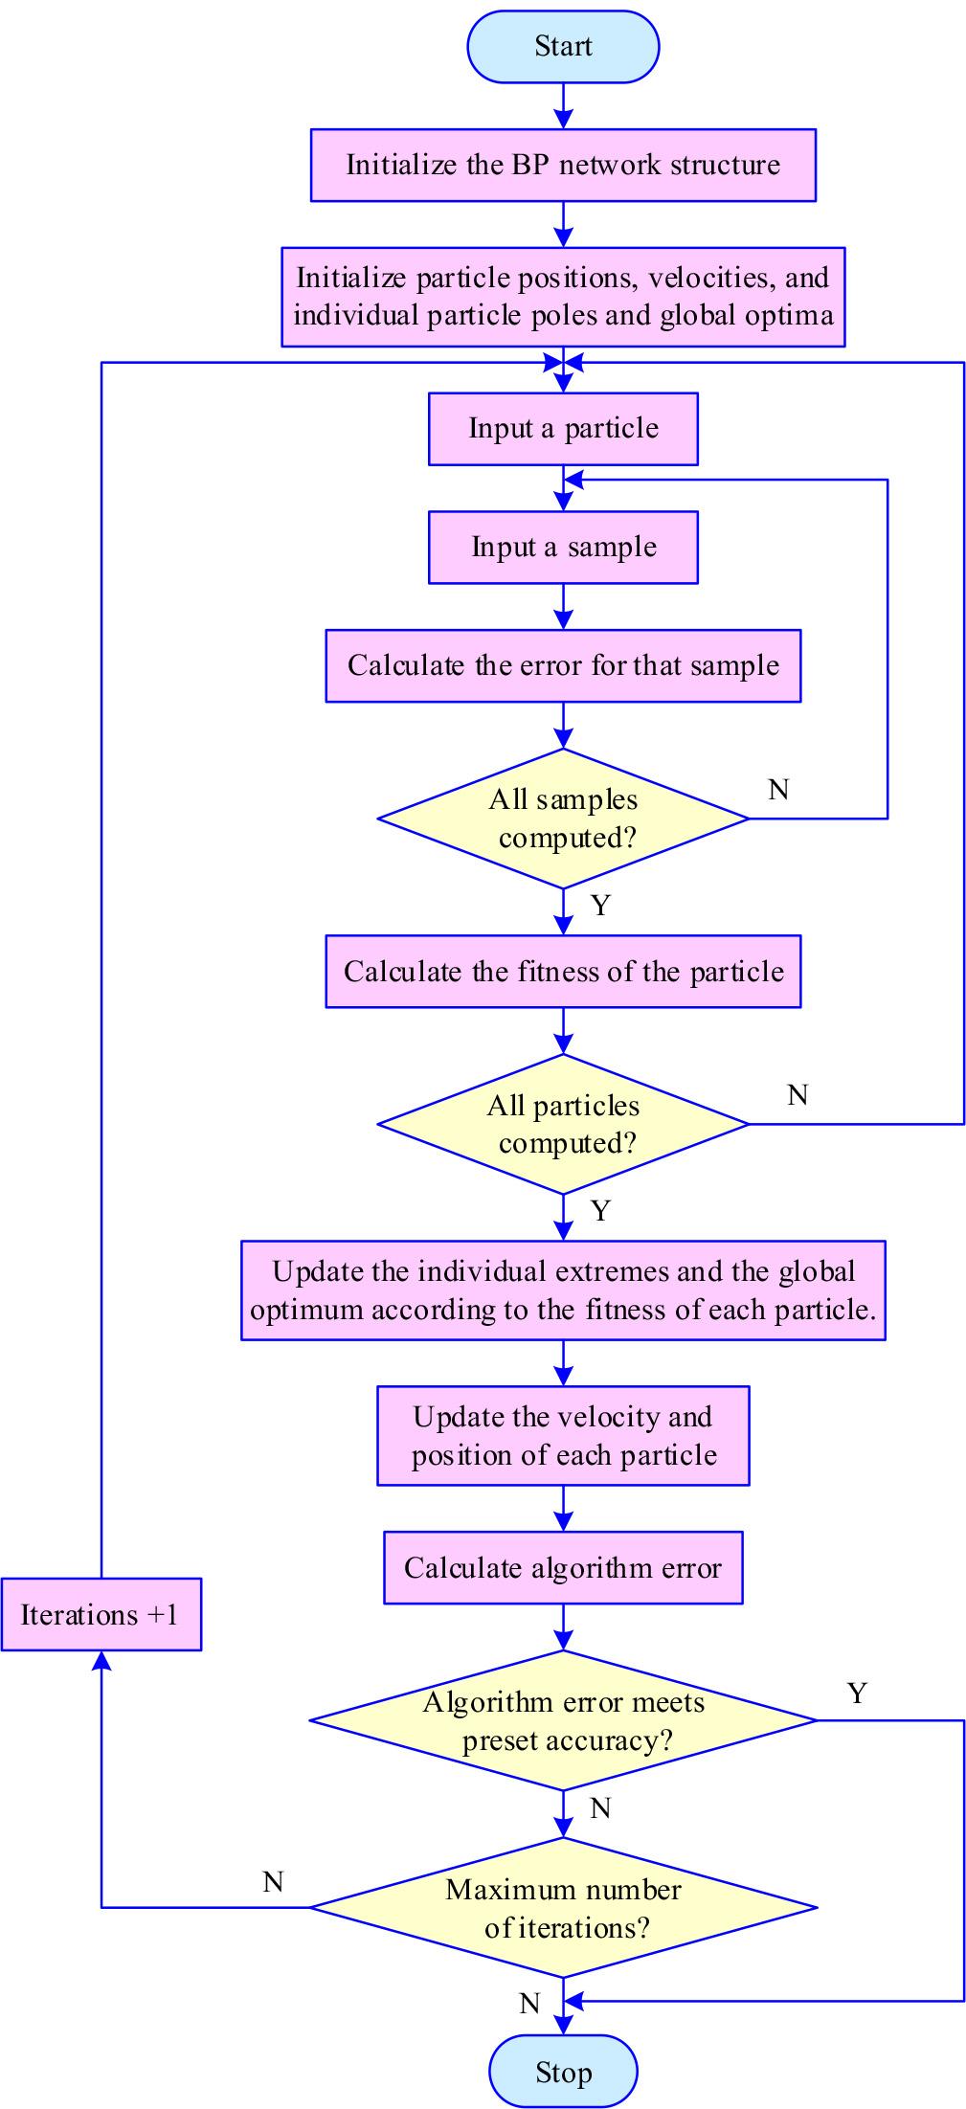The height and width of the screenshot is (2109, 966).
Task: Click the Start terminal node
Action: click(x=563, y=46)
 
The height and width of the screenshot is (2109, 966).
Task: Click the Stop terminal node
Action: click(x=563, y=2073)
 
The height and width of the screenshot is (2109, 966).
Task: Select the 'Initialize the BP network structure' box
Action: click(x=563, y=165)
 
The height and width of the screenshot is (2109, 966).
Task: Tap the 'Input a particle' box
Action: click(x=563, y=428)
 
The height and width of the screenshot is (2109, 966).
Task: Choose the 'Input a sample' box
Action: click(x=563, y=547)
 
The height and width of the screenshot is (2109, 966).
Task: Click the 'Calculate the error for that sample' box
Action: click(x=563, y=665)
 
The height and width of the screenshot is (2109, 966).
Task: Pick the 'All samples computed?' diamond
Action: click(x=563, y=819)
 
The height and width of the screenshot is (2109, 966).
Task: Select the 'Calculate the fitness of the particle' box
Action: click(x=563, y=972)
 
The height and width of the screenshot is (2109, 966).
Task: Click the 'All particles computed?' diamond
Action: click(x=563, y=1124)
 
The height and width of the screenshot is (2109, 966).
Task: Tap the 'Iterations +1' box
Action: click(x=101, y=1615)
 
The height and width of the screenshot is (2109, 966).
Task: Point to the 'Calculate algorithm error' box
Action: click(x=563, y=1568)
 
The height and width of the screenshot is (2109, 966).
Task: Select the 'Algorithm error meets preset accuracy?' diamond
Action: click(x=563, y=1720)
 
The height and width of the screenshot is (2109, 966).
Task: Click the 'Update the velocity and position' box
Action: click(x=563, y=1436)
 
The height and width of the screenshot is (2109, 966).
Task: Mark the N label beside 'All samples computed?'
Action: click(x=778, y=790)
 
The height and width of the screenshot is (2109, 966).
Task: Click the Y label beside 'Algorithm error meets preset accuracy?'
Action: click(x=857, y=1694)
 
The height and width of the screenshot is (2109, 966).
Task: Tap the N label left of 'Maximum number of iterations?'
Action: click(x=273, y=1882)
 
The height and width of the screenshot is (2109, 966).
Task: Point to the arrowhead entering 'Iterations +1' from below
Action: click(x=101, y=1662)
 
